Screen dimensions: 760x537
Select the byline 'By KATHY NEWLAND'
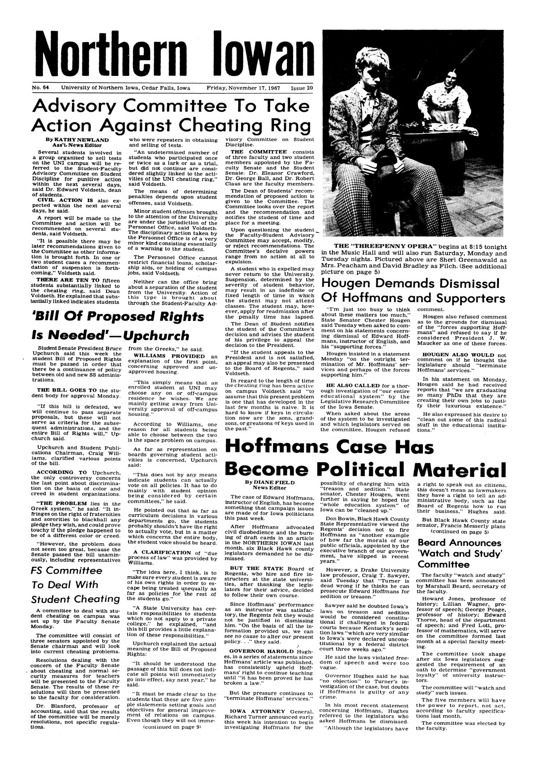[x=74, y=140]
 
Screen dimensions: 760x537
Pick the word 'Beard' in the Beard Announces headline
[x=433, y=543]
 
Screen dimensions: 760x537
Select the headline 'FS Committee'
[x=67, y=571]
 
